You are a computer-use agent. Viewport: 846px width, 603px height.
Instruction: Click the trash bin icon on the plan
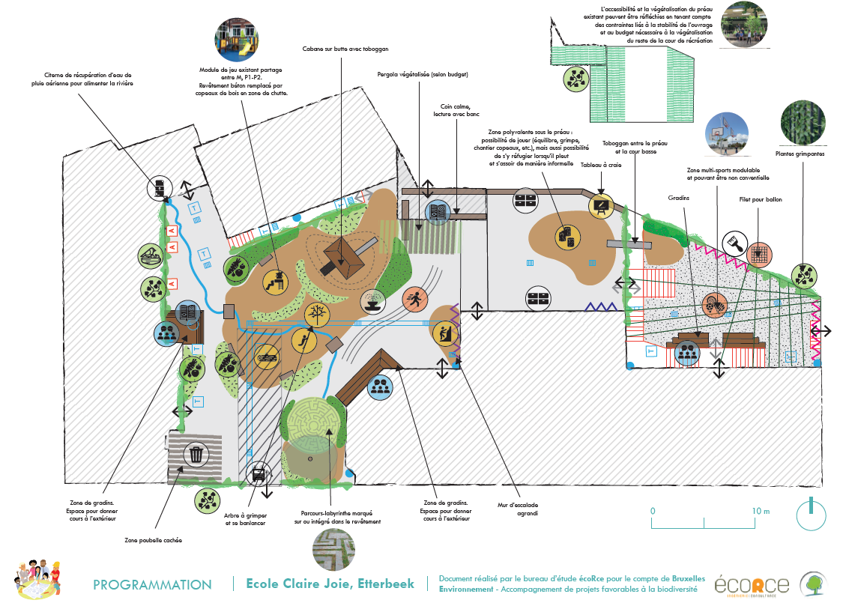[x=196, y=454]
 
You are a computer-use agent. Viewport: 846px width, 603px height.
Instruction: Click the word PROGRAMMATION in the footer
[x=152, y=584]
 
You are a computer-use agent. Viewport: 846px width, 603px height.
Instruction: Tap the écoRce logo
[x=752, y=584]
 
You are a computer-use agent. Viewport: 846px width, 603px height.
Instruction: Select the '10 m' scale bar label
[x=761, y=510]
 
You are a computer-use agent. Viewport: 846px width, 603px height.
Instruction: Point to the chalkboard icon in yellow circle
[x=602, y=204]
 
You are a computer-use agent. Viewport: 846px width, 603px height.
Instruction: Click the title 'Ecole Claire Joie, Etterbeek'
[x=330, y=584]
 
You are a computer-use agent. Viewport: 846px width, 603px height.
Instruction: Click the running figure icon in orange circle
[x=414, y=300]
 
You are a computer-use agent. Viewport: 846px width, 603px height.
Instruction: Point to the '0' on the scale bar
[x=653, y=510]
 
